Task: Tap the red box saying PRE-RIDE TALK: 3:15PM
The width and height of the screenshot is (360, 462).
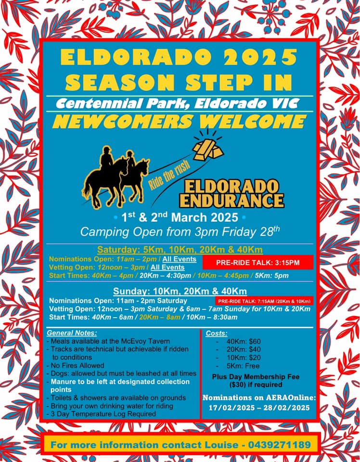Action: pos(257,262)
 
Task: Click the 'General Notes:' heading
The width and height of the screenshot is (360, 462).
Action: pos(72,333)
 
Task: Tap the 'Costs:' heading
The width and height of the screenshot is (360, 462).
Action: pos(217,333)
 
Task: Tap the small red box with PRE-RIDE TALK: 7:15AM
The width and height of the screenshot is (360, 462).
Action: pos(264,301)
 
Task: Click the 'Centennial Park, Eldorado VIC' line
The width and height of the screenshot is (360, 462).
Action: pos(177,103)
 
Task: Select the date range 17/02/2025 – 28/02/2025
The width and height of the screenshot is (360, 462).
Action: pos(259,408)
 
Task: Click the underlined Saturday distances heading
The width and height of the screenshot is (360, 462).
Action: pos(180,250)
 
